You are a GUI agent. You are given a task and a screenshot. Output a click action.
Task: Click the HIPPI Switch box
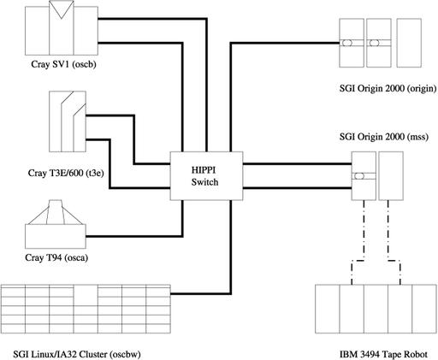206,175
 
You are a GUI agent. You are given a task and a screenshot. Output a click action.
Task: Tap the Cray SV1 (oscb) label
63,64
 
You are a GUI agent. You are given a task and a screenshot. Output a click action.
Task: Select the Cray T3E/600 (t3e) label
66,173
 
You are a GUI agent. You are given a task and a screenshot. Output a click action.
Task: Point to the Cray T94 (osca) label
56,257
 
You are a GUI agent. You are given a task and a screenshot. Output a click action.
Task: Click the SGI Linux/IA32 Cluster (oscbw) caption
77,354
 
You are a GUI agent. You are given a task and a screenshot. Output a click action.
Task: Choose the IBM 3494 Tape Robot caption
383,354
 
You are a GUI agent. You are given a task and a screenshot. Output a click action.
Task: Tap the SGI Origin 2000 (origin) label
388,88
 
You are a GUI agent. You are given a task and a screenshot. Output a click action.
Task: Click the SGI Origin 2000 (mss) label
384,137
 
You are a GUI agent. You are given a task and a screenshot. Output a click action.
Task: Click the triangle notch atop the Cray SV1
62,11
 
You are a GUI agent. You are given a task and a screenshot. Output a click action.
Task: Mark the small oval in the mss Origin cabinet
359,176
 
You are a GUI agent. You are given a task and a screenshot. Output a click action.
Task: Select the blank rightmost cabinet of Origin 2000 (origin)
409,43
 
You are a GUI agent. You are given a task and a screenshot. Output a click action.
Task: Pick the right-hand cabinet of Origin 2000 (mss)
391,175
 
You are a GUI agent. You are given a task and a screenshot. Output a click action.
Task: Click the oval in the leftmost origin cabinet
346,43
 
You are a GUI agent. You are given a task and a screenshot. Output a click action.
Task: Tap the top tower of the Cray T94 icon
56,212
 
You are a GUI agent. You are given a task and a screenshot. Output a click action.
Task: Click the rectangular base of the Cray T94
56,236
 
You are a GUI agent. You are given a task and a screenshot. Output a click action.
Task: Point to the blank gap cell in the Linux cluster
86,295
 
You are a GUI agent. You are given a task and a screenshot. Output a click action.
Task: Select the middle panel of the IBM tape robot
376,309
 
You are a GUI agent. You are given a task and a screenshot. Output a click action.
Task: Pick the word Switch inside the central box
204,182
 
